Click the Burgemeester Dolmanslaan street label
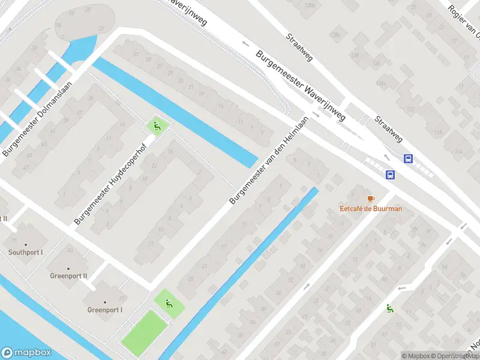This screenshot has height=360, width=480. [x=37, y=119]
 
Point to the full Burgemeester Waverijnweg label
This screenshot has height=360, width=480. [x=301, y=86]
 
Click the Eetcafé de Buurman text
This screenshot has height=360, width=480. [x=370, y=209]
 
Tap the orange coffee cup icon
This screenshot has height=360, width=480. [x=370, y=199]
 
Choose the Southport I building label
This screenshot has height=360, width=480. [x=25, y=252]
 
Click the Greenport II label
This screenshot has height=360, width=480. [x=68, y=276]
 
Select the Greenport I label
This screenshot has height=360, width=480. [x=105, y=310]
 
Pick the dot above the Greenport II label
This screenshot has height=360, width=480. [x=68, y=268]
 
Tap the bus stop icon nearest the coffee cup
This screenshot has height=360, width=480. [x=390, y=175]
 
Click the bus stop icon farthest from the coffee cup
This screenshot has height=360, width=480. [x=409, y=159]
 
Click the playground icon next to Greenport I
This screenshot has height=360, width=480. [x=169, y=302]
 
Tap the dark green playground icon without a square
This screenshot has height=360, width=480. [x=389, y=308]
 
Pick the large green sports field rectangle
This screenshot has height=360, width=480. [x=145, y=331]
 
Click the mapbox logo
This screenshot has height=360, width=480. [x=26, y=353]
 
